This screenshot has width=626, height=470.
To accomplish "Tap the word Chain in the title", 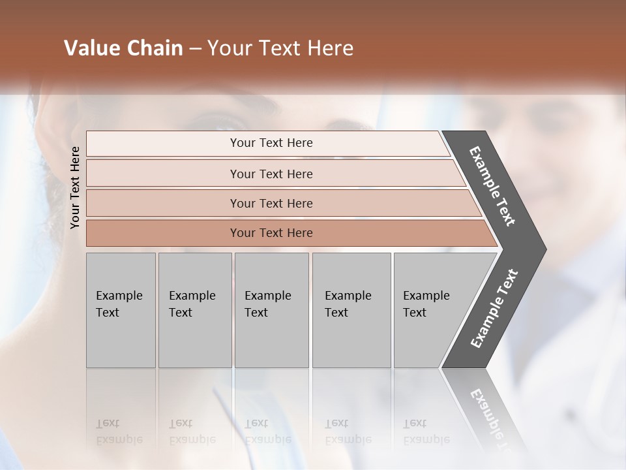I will (154, 48).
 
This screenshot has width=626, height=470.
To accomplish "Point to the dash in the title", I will (195, 49).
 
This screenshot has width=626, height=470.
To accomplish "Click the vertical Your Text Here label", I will (75, 187).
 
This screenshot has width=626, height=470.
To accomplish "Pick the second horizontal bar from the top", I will (271, 174).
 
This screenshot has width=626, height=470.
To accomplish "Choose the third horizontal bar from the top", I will (271, 203).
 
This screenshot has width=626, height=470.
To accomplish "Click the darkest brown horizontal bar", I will (271, 233).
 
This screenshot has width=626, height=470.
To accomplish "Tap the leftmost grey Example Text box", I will (121, 310).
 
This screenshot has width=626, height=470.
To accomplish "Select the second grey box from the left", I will (195, 310).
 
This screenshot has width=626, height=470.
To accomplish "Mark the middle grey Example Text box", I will (271, 310).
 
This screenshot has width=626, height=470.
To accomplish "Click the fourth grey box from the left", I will (351, 310).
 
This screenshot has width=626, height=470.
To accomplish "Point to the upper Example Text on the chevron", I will (492, 186).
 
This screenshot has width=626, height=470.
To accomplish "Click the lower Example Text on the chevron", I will (494, 309).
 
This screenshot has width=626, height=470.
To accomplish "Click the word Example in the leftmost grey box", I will (119, 296).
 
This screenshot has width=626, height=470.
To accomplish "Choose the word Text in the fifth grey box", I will (415, 313).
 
